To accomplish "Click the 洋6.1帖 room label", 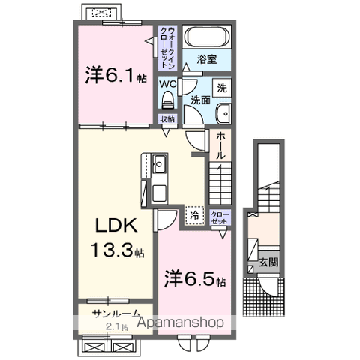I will (115, 75).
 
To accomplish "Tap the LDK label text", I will (114, 225).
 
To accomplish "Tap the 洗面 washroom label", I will (199, 100).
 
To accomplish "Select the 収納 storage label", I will (166, 119).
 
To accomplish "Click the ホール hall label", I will (221, 145).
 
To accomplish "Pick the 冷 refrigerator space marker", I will (194, 216).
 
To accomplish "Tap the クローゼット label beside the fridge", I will (220, 217).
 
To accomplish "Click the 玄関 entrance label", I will (268, 262).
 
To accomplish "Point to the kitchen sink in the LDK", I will (160, 166).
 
